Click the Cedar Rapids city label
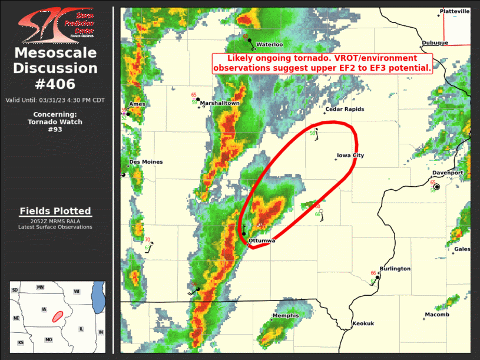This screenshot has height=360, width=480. [x=345, y=109]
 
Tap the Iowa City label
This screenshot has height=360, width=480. [x=350, y=156]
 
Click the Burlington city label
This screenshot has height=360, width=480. [x=395, y=269]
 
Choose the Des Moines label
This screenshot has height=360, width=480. [x=146, y=162]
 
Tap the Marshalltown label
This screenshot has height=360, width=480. [x=220, y=103]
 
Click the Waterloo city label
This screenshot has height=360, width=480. [x=269, y=44]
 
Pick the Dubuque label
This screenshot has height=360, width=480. [x=435, y=42]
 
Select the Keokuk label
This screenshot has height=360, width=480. [x=363, y=323]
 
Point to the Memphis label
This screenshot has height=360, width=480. [x=285, y=316]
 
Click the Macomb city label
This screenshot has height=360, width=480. [x=436, y=315]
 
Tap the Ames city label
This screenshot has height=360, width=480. [x=137, y=104]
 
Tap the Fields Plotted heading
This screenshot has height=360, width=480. [x=55, y=211]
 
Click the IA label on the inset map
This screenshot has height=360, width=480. [x=44, y=309]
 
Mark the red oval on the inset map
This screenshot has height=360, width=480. [x=58, y=315]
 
